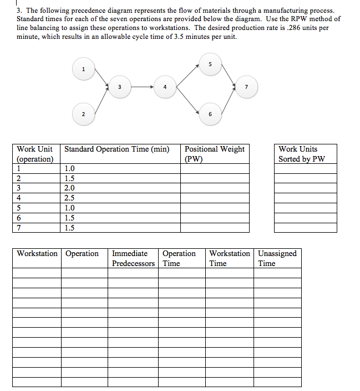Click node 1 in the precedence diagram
[83, 69]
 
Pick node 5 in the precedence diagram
[210, 64]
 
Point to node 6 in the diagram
[210, 114]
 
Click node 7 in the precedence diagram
[246, 87]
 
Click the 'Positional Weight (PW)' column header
[214, 154]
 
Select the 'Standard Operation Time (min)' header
[117, 149]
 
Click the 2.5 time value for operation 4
[70, 198]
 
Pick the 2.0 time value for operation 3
[70, 188]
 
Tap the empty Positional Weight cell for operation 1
[215, 169]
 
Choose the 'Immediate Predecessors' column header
[133, 258]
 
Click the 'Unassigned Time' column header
[277, 258]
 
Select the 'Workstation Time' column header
[229, 258]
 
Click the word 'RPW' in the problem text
[295, 19]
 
